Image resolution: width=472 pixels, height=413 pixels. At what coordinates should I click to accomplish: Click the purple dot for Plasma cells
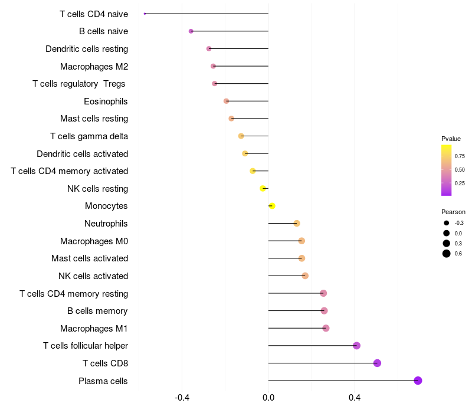[418, 381]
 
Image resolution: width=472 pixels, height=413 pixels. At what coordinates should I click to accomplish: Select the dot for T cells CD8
[377, 363]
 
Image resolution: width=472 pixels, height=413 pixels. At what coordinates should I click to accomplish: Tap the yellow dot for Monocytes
[272, 206]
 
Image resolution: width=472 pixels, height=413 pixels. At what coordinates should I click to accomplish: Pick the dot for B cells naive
[191, 31]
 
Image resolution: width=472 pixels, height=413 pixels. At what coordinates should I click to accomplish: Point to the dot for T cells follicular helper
[356, 346]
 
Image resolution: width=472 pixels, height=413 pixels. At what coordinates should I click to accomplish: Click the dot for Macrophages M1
[326, 328]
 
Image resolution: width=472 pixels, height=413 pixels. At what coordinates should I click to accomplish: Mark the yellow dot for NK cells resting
[263, 188]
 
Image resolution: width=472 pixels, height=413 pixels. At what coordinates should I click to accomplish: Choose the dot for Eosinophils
[226, 101]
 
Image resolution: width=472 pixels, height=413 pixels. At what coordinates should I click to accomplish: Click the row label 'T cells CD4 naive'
[94, 14]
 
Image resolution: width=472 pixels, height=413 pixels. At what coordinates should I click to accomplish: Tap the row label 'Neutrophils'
[106, 224]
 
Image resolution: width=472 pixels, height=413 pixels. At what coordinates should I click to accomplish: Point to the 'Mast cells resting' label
[94, 119]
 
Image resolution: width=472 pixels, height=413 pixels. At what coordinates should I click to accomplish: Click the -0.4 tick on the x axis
[182, 398]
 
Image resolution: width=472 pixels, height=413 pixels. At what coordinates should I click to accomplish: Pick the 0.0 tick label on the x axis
[268, 398]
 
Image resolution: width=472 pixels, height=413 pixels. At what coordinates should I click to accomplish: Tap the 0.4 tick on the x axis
[355, 398]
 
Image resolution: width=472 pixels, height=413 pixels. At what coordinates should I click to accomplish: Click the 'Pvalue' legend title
[451, 139]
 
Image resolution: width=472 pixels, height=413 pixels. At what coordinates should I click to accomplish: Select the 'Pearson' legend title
[453, 212]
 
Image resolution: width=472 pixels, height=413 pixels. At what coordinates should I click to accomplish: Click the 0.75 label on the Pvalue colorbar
[460, 156]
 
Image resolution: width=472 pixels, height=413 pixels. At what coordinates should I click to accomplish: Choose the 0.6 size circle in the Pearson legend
[447, 254]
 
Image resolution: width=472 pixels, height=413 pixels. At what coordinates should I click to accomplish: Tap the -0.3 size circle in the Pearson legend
[447, 223]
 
